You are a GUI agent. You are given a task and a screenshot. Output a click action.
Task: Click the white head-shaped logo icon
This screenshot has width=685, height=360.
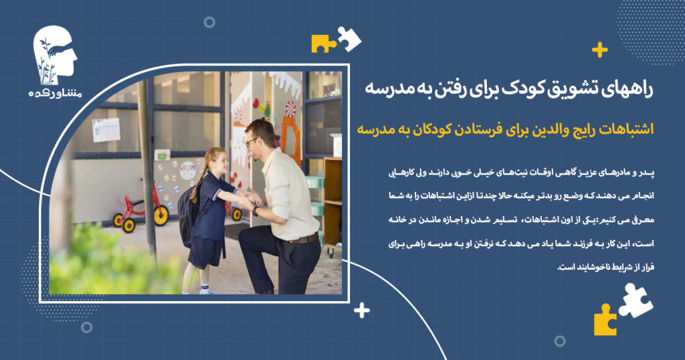(56, 58)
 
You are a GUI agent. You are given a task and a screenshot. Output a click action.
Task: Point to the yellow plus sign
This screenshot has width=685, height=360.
(600, 50)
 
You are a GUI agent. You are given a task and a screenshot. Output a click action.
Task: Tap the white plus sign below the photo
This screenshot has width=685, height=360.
(362, 310)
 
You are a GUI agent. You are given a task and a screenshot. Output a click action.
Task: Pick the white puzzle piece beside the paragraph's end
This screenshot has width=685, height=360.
(635, 299)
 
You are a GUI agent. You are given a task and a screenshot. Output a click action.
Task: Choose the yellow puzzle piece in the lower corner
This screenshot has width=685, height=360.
(605, 320)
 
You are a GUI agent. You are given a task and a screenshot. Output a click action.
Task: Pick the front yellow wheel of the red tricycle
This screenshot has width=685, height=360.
(161, 215)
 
